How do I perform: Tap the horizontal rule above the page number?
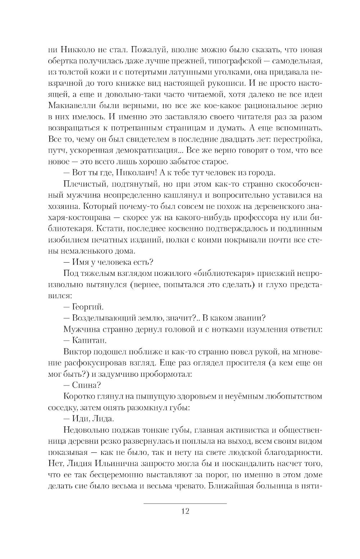[185, 503]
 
